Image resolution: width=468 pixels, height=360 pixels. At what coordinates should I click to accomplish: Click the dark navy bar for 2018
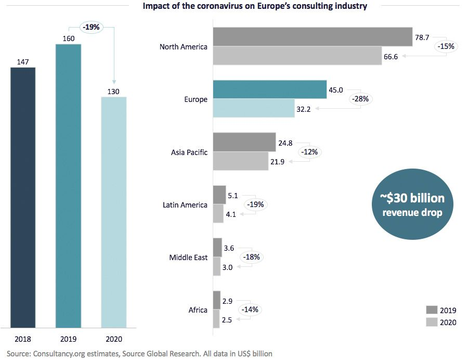[23, 198]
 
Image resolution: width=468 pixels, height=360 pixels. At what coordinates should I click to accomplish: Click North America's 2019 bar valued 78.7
[313, 37]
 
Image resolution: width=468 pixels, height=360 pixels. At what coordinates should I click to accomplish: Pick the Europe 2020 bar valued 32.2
[254, 108]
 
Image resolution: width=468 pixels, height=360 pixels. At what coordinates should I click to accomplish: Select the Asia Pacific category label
[189, 152]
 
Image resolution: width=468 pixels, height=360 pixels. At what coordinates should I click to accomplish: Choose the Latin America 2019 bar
[219, 195]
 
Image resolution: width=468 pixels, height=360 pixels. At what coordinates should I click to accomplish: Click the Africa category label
[198, 310]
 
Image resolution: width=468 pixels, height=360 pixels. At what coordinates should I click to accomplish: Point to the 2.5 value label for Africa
[227, 320]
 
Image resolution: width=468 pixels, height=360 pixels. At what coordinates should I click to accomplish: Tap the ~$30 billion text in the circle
[412, 199]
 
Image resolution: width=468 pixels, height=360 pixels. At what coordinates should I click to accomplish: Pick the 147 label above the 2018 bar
[23, 61]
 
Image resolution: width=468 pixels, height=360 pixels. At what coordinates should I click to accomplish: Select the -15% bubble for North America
[446, 46]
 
